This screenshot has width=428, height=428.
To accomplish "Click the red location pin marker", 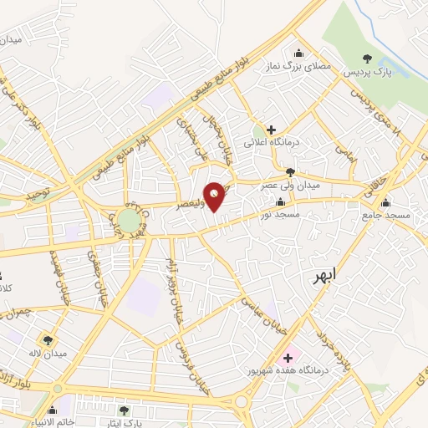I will point(216,196).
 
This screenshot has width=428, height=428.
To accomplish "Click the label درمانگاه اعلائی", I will point(271,143).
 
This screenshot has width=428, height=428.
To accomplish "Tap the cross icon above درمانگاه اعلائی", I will point(271,130).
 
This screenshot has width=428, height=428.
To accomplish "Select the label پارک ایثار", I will point(124,424).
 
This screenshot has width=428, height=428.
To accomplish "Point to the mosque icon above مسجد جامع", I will point(385,202).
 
